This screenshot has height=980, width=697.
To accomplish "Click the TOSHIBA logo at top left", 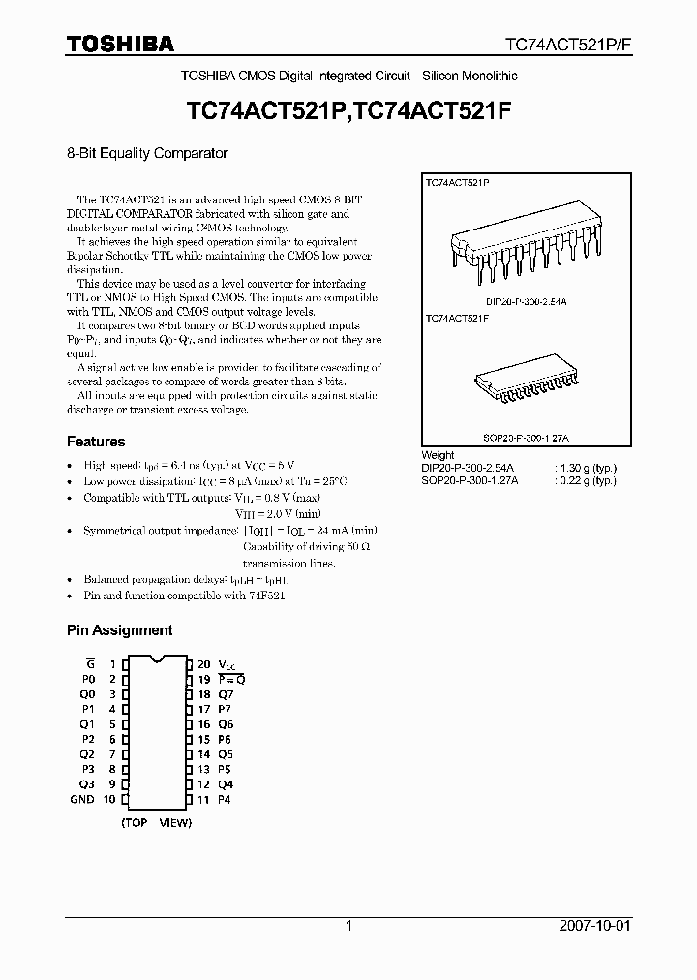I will point(120,44).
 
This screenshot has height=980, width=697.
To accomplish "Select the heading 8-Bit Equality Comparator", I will point(147,153).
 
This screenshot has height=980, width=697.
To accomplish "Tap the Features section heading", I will point(96,442).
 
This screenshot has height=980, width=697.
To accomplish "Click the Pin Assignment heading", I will point(119,629).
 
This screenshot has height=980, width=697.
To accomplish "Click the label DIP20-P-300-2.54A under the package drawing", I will point(526,301).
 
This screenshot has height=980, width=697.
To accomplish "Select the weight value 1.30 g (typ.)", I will point(585,468).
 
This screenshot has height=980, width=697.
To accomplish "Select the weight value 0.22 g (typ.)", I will point(585,480).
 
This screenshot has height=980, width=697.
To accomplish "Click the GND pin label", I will point(82,799).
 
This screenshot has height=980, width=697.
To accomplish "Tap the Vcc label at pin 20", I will point(225,664).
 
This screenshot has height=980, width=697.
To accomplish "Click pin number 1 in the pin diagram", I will point(111,664).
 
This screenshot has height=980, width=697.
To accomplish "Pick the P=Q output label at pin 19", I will point(232,680).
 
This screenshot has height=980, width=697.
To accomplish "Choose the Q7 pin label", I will point(226,694).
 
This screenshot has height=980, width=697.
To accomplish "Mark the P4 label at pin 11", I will point(226,799).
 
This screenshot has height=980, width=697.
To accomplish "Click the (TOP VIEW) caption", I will point(157,822).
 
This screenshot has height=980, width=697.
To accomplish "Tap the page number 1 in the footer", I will point(348,926).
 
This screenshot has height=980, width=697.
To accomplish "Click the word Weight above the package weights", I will point(439,455).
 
